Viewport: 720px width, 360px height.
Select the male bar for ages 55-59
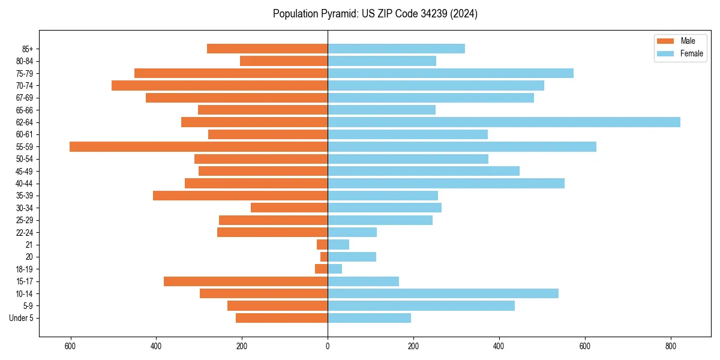click(199, 146)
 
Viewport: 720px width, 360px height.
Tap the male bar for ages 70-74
click(220, 85)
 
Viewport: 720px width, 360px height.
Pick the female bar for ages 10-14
click(443, 293)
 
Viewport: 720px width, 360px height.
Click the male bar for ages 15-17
click(245, 281)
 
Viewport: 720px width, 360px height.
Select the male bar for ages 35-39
click(240, 196)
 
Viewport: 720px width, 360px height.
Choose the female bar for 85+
click(396, 49)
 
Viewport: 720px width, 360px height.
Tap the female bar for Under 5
click(369, 318)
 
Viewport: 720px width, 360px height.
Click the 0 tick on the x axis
click(328, 346)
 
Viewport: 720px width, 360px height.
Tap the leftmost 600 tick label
click(70, 346)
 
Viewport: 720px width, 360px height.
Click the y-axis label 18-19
click(25, 269)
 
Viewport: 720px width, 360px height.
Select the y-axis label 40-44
click(25, 184)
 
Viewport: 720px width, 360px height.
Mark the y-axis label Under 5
click(21, 318)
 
